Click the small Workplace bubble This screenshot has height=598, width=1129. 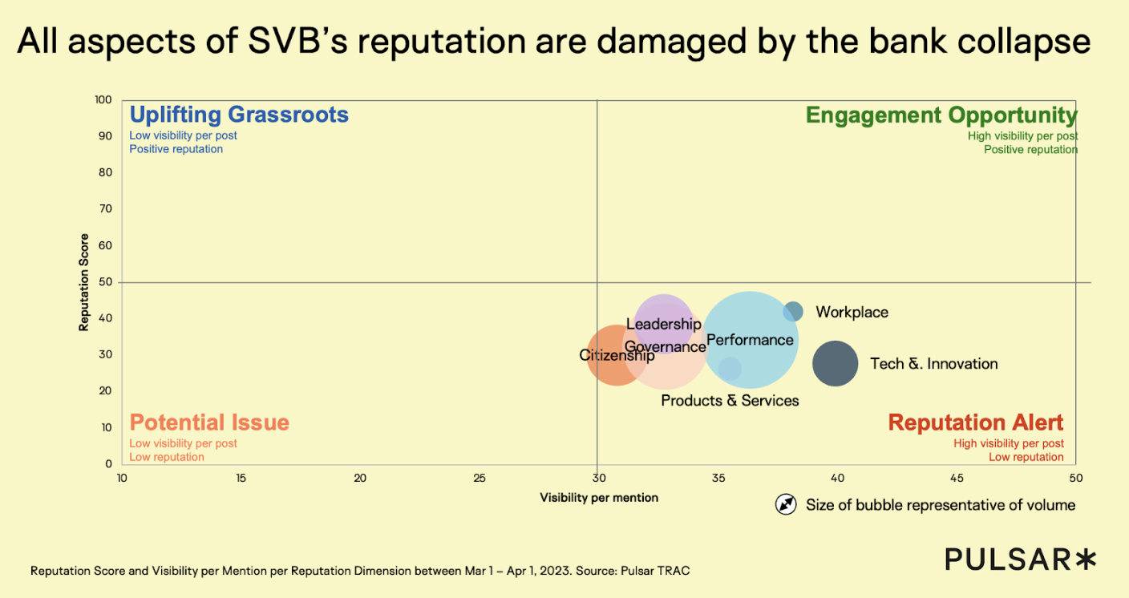[x=792, y=312]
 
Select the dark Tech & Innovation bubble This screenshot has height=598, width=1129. [x=836, y=363]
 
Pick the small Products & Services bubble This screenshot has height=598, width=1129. [x=730, y=369]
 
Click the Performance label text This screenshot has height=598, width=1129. [x=750, y=340]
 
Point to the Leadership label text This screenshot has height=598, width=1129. [x=663, y=325]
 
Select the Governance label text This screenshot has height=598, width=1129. [x=665, y=347]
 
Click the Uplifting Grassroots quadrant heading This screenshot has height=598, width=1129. [x=239, y=115]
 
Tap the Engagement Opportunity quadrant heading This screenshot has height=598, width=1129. [x=941, y=115]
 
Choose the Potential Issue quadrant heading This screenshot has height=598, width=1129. [x=209, y=422]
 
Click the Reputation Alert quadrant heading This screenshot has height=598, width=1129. [x=975, y=422]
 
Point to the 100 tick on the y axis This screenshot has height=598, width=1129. [x=102, y=100]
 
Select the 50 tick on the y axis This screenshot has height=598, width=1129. [x=105, y=282]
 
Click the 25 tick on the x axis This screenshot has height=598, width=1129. [x=480, y=479]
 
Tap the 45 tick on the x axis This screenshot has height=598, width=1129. [x=957, y=479]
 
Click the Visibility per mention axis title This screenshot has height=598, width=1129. [x=599, y=498]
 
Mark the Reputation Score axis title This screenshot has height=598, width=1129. [x=83, y=282]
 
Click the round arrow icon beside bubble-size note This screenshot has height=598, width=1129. [x=786, y=504]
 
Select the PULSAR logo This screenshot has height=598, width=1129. [x=1019, y=559]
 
